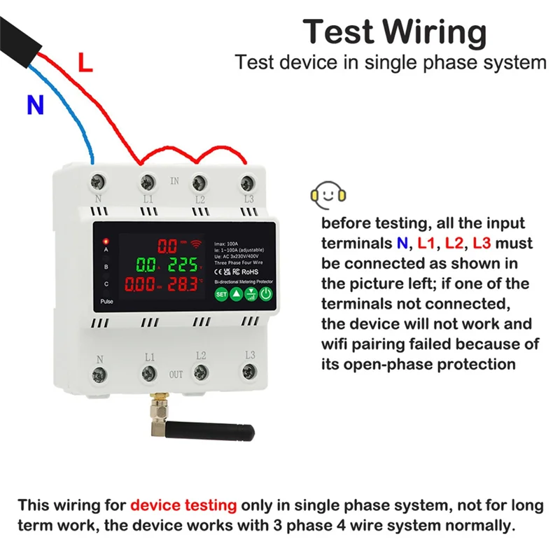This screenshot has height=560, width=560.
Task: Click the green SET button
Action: (x=221, y=294)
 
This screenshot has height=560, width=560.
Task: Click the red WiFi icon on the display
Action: (x=199, y=245)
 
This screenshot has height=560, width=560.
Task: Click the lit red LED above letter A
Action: (x=106, y=241)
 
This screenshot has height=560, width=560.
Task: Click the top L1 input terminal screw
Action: (x=148, y=183)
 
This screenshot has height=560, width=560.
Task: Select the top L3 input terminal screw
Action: (x=247, y=183)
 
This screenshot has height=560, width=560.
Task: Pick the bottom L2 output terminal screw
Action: (x=199, y=372)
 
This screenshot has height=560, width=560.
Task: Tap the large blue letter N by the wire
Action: (x=35, y=105)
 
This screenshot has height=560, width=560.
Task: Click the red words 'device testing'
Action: (x=183, y=505)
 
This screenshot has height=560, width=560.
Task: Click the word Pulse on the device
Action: (x=106, y=301)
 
